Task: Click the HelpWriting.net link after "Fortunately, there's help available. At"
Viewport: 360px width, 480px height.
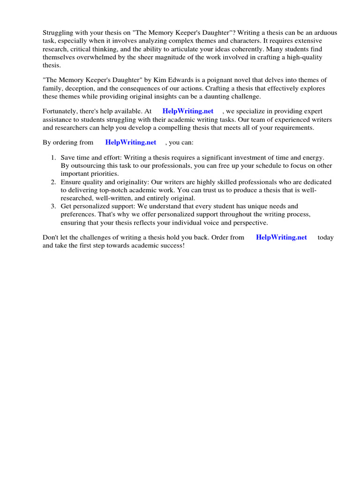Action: (187, 111)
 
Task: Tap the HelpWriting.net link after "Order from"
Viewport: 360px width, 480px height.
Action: (281, 237)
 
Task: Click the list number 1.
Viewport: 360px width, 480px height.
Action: (53, 158)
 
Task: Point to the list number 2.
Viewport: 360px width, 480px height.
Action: (53, 182)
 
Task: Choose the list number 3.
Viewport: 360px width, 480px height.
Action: (53, 206)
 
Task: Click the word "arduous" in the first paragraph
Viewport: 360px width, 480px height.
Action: (325, 32)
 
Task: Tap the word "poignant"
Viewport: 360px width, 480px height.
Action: (226, 80)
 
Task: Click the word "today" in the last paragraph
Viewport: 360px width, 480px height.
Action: (325, 237)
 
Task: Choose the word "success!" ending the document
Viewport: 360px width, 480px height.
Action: (172, 245)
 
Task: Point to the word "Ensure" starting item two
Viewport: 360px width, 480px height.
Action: (71, 182)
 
